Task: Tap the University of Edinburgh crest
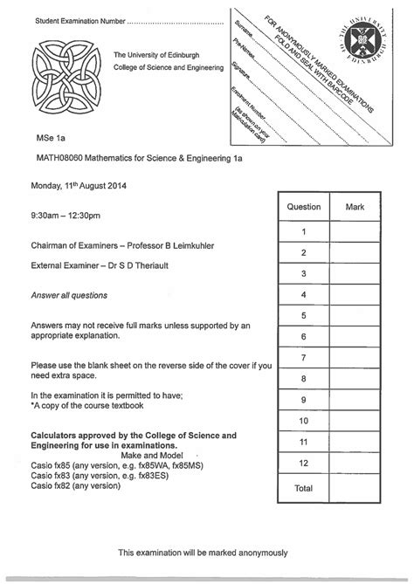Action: pos(362,40)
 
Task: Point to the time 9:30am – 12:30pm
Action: pos(66,215)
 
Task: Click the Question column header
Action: pos(303,209)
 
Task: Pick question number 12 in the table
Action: pos(303,464)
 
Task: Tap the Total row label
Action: pos(303,488)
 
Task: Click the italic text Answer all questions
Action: pos(70,295)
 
